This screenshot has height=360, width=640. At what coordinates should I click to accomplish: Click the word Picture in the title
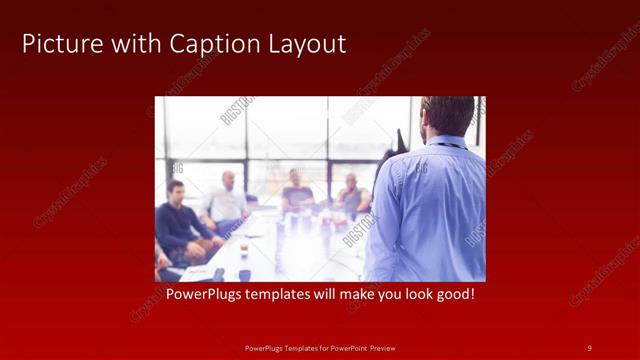[56, 44]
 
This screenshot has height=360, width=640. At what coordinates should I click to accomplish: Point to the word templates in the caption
[285, 295]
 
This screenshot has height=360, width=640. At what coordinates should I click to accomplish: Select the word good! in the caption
[452, 295]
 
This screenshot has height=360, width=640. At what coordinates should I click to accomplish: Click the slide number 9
[589, 347]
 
